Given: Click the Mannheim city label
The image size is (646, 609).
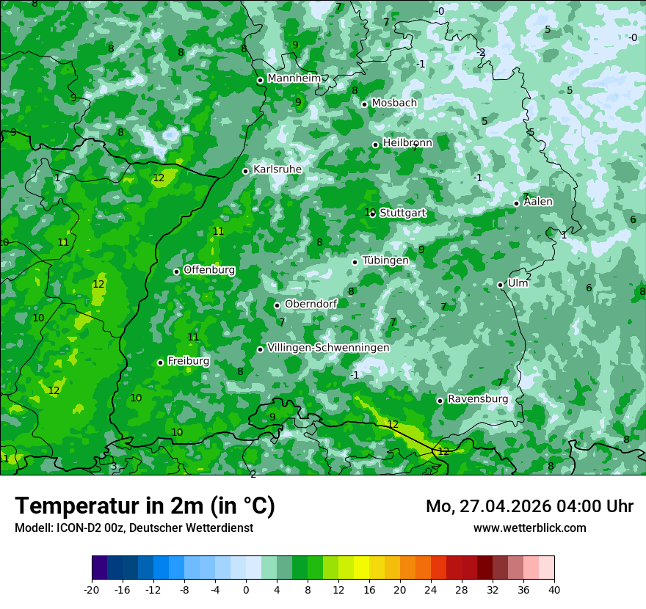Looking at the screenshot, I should (x=294, y=78).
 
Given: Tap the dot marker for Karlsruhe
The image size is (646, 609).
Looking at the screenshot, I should (x=245, y=171).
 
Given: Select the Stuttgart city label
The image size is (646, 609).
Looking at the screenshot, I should (x=402, y=213).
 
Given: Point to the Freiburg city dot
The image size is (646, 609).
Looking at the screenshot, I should (x=160, y=362).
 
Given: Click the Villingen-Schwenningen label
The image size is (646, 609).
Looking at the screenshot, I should (x=328, y=347).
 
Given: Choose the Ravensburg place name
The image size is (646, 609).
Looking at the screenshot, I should (x=477, y=398).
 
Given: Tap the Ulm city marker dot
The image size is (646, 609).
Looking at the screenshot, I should (x=500, y=285).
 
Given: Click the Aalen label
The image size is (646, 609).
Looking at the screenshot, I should (x=538, y=202).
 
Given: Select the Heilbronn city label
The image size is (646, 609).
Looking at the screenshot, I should (x=407, y=143).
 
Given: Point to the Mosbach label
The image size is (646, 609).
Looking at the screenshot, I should (x=393, y=103).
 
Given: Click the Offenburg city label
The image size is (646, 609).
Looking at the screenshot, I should (x=209, y=269).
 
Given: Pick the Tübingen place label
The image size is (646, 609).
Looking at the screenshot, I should (x=385, y=260).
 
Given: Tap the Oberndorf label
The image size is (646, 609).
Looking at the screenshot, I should (x=311, y=304).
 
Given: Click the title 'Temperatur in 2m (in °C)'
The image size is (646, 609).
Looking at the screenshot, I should (x=145, y=506).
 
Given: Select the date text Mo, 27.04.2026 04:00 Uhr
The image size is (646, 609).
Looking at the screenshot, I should (x=529, y=506).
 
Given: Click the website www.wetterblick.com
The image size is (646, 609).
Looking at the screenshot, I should (x=529, y=528).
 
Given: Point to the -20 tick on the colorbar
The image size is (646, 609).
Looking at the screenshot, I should (x=92, y=589).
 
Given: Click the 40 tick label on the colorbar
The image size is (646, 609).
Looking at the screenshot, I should (x=554, y=589).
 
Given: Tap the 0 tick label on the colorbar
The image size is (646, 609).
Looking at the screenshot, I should (x=246, y=589).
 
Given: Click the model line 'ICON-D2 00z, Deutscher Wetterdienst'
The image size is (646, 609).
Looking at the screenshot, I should (x=154, y=528).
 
